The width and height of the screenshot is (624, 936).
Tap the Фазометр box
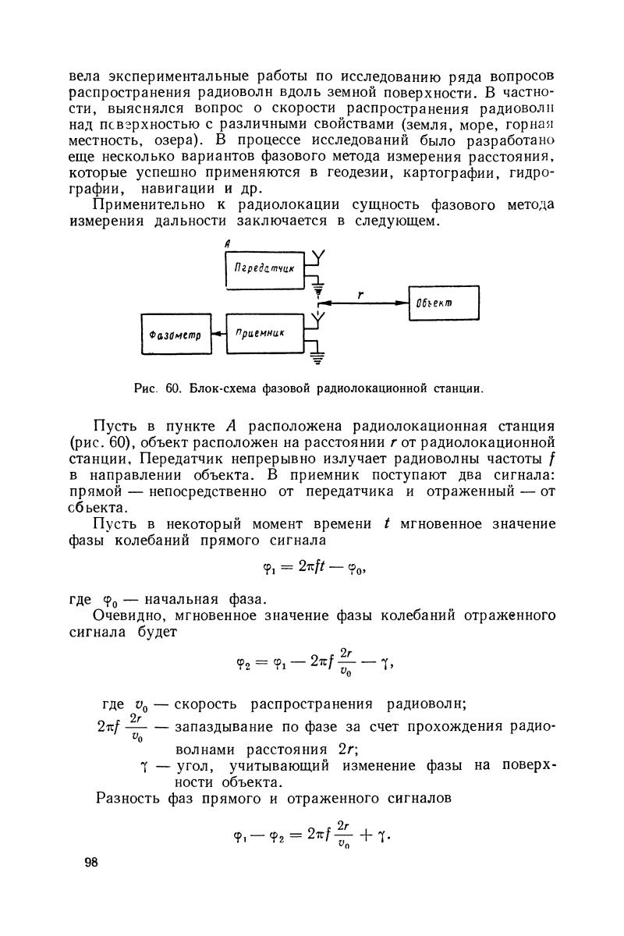click(x=175, y=333)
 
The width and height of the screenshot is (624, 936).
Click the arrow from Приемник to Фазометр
click(x=218, y=333)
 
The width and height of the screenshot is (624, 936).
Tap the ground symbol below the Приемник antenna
click(x=319, y=359)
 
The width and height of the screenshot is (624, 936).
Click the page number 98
click(x=91, y=862)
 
